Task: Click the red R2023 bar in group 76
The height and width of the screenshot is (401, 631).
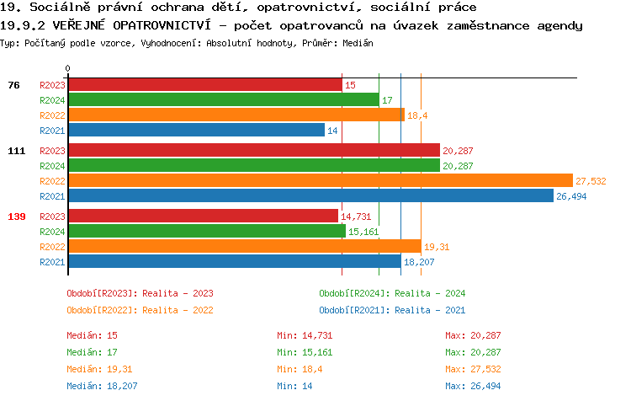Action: (x=204, y=85)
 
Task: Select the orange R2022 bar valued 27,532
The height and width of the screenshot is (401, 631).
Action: (x=320, y=181)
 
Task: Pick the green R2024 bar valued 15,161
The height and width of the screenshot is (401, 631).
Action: (x=206, y=231)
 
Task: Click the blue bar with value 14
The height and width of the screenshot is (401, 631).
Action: (x=196, y=131)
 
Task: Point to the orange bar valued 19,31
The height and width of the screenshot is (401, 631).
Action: (x=244, y=246)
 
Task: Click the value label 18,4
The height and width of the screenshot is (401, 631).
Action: (x=418, y=115)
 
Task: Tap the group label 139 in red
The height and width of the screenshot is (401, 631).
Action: (x=17, y=217)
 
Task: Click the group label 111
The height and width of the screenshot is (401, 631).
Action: (x=17, y=151)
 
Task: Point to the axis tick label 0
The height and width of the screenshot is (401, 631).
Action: (x=68, y=68)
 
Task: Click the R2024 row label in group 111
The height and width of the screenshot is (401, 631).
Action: (x=52, y=166)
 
